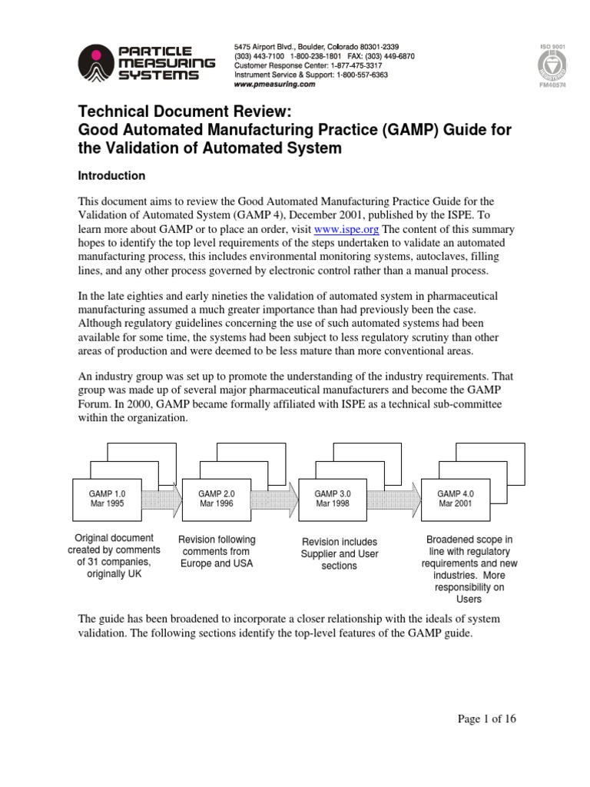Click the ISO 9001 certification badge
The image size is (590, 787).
553,68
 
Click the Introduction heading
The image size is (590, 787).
111,176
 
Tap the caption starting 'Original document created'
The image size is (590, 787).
113,556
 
